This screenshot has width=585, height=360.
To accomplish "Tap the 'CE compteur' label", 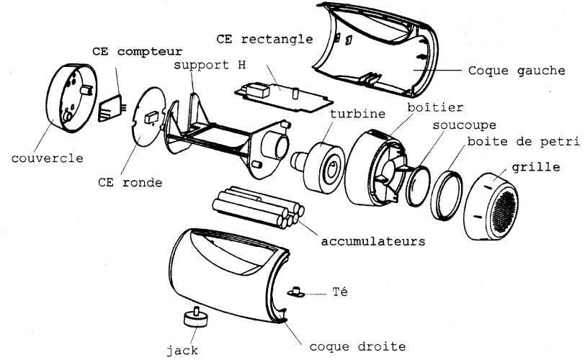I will click(x=138, y=52).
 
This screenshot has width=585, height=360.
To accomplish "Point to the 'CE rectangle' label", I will click(x=264, y=37).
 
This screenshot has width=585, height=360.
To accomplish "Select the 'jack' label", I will click(x=182, y=351).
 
